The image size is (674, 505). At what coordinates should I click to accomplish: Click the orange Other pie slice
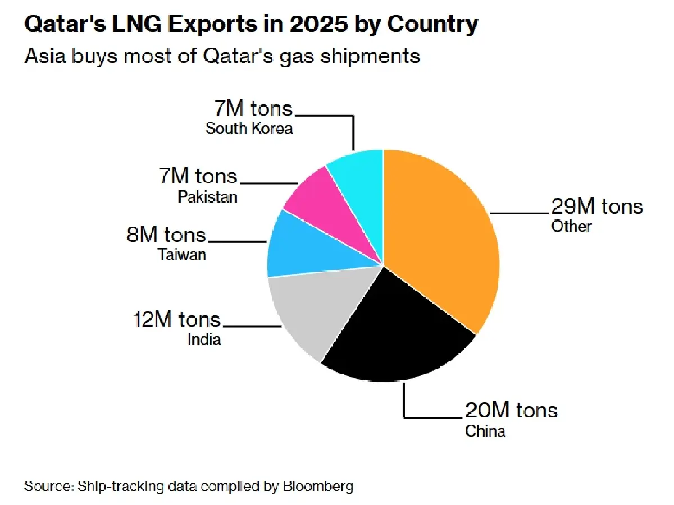[444, 236]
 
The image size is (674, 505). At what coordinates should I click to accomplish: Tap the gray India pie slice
[306, 314]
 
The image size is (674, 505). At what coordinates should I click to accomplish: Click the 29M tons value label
[596, 207]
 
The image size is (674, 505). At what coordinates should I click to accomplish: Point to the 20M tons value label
[511, 410]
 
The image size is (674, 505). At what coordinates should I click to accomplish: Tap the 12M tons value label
[176, 320]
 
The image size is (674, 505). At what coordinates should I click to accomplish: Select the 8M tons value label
[166, 235]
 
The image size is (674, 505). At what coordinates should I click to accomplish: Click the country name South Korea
[249, 128]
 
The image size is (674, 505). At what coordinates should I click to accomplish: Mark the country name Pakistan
[208, 197]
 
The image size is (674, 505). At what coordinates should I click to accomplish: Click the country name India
[204, 339]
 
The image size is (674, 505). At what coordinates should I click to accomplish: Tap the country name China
[485, 431]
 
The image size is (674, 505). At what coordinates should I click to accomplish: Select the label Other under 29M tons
[571, 226]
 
